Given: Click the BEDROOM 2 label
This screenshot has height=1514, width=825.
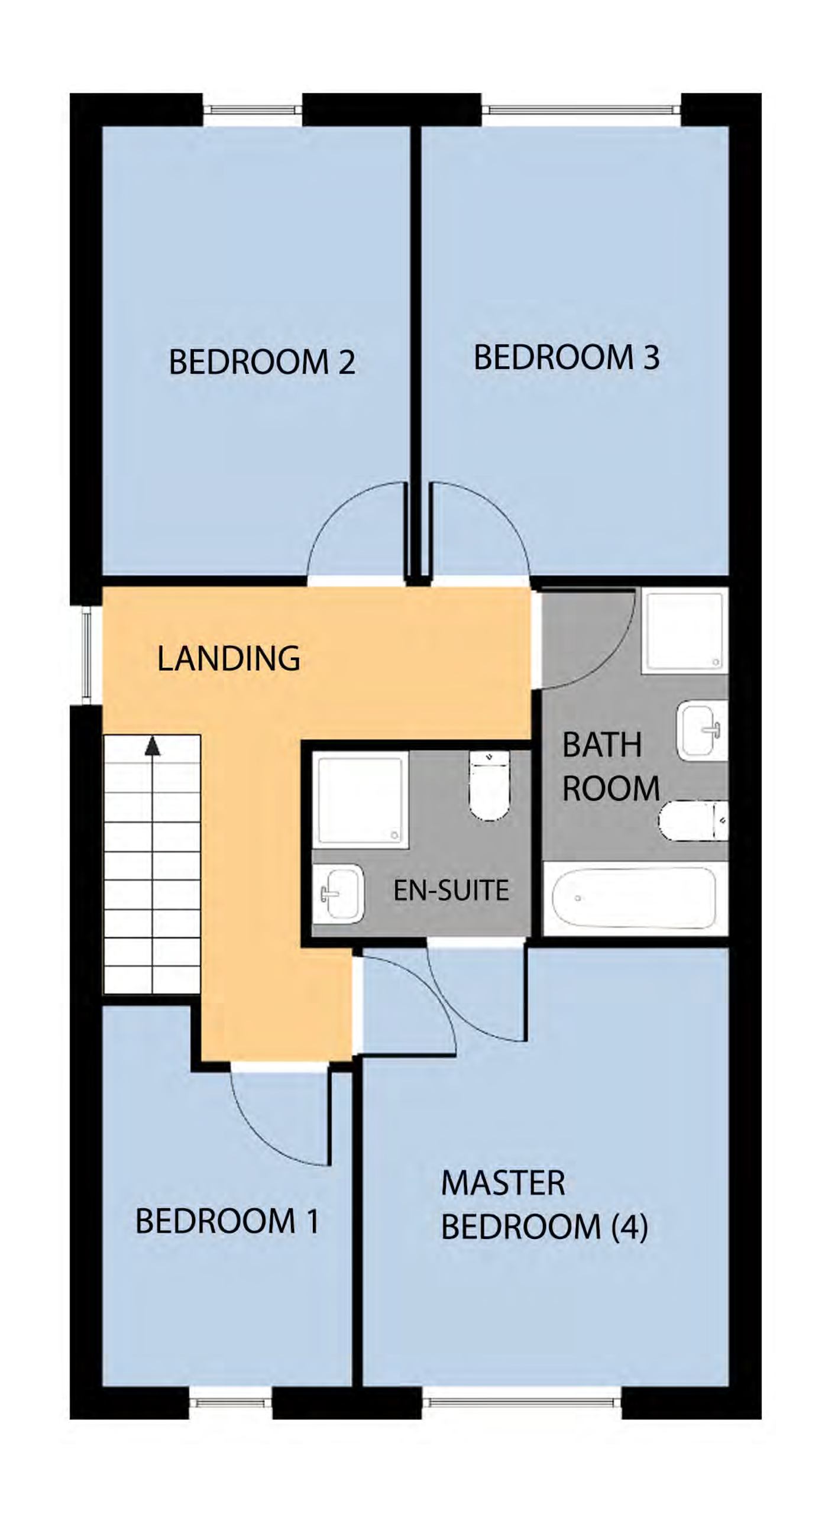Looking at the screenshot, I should (x=262, y=362).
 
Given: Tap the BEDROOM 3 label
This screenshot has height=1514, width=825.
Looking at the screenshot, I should (x=566, y=357).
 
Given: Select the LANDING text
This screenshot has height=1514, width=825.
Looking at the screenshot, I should (x=228, y=658).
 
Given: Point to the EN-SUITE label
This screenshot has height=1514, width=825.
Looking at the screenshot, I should (x=451, y=890).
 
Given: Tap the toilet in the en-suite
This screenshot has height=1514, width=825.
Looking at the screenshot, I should (x=489, y=785).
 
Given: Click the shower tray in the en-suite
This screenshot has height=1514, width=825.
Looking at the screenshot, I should (x=360, y=800).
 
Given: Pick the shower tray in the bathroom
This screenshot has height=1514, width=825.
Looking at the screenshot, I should (x=684, y=632).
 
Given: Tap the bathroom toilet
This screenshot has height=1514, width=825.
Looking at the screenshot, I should (x=692, y=820).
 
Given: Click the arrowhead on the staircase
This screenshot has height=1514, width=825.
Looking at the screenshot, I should (x=153, y=746).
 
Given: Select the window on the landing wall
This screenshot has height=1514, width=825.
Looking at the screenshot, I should (x=86, y=655).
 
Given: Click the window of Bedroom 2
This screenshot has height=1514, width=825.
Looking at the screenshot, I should (x=253, y=109).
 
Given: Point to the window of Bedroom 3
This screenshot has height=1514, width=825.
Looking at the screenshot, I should (x=581, y=109).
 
